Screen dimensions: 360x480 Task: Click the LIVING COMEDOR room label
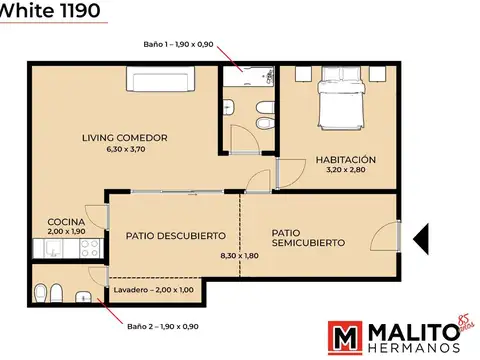point(124,137)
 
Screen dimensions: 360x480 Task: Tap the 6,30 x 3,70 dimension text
point(124,149)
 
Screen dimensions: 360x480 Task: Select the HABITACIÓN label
point(345,159)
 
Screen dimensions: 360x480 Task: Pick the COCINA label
point(65,221)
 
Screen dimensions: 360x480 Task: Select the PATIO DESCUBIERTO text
point(175,236)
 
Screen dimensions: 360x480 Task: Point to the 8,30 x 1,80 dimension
point(238,256)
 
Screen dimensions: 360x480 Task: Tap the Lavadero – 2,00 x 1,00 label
point(155,290)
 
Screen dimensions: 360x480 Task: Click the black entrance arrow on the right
point(421,237)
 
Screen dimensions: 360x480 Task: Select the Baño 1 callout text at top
point(181,43)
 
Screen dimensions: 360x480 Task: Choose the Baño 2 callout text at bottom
point(162,326)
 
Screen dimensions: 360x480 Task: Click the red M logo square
point(347,338)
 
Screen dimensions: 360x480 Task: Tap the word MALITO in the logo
point(411,332)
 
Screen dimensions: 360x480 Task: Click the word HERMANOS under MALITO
point(413,349)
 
